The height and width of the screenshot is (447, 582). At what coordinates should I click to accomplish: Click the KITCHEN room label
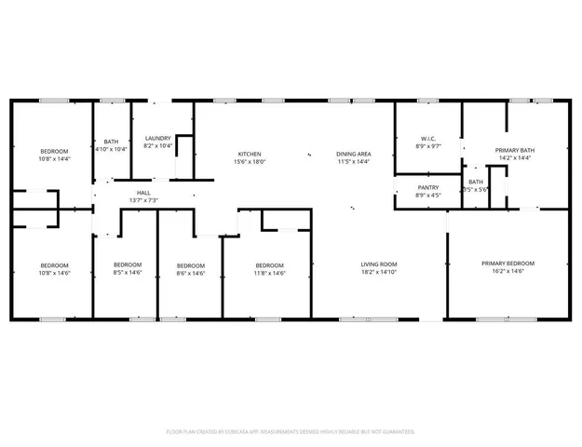point(249,154)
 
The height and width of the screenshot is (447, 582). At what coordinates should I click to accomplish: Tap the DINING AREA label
point(354,154)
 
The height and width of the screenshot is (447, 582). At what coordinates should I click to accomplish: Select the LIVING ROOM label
point(379,265)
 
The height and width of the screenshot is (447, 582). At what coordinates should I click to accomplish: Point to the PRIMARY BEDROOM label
point(508,264)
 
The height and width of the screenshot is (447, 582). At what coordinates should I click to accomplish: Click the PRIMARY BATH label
point(514,150)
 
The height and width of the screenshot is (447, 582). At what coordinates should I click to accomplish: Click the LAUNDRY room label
point(157,138)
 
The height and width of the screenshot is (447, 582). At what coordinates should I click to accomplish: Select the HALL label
point(144,192)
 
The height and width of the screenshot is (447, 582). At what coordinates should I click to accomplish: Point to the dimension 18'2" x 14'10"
point(379,273)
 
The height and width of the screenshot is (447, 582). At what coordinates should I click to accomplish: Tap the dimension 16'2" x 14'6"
point(508,271)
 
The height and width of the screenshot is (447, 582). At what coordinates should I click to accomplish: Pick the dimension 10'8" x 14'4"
point(55,158)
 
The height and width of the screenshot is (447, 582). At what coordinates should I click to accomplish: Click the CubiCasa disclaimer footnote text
point(291,431)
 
